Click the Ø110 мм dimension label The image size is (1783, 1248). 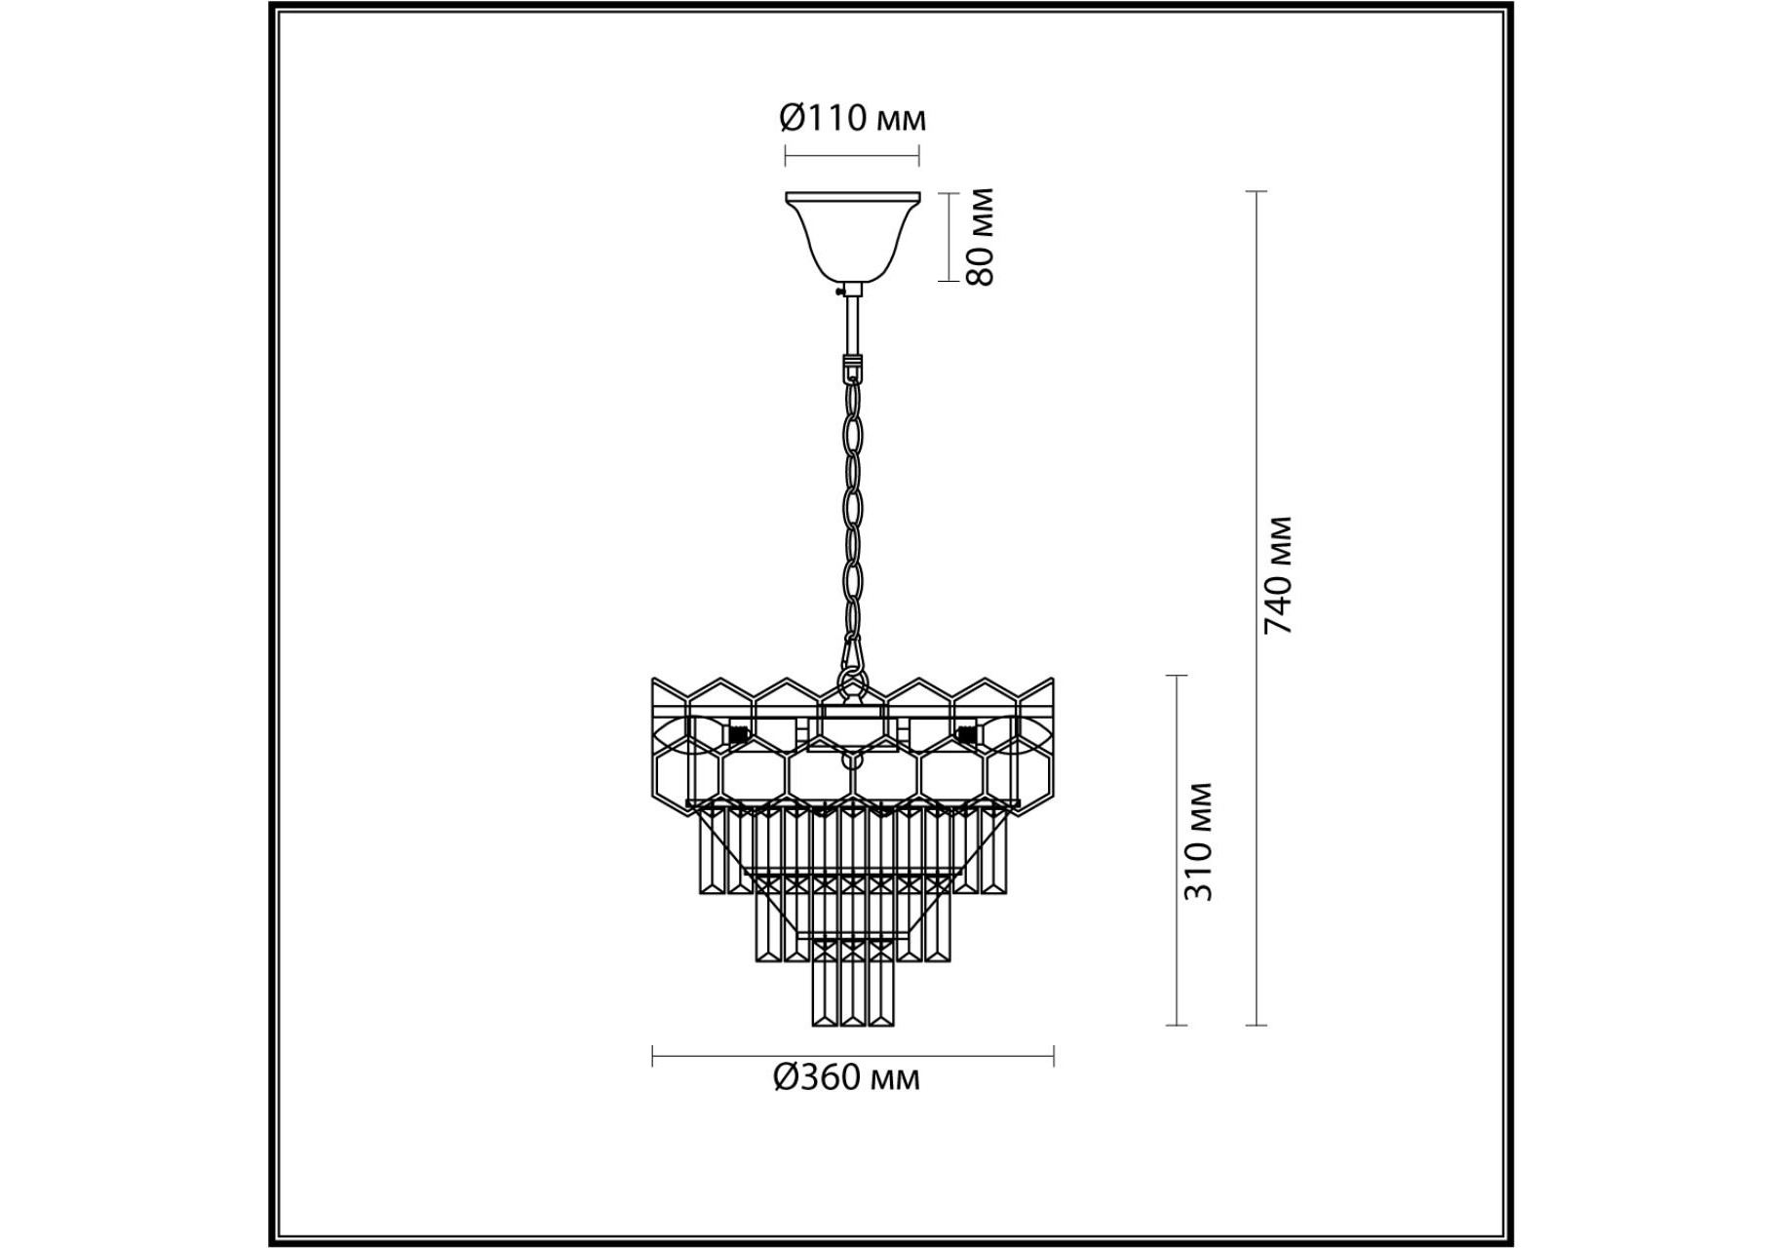tap(852, 119)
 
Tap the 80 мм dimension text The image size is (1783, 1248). tap(980, 237)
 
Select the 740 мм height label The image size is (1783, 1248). tap(1277, 576)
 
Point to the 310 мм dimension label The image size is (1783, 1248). tap(1197, 841)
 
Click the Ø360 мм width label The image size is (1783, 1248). tap(846, 1077)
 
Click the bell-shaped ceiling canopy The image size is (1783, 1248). tap(853, 236)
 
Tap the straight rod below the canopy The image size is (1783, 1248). tap(854, 326)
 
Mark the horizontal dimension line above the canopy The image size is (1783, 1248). tap(852, 155)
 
